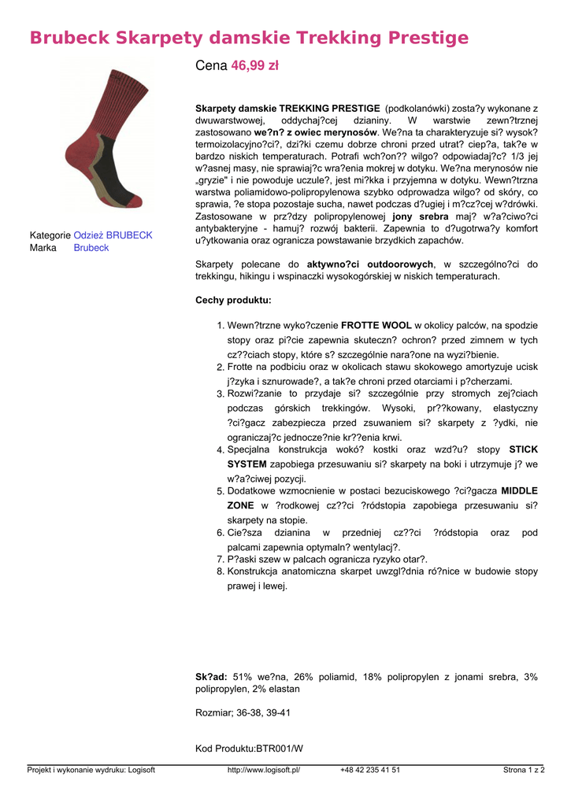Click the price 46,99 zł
click(254, 67)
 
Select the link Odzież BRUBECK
click(113, 235)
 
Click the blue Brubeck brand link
click(91, 248)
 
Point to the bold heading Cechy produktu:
click(233, 301)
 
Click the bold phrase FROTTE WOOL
click(376, 325)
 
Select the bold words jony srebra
click(421, 216)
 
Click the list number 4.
click(221, 450)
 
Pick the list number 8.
click(221, 572)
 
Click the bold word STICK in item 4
click(524, 449)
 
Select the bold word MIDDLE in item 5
click(519, 491)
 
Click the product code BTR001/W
click(279, 749)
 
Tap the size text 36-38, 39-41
click(264, 713)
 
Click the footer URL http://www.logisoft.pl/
click(264, 771)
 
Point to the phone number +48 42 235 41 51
click(370, 771)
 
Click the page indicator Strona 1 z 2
click(524, 771)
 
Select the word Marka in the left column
click(43, 248)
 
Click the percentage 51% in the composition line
click(243, 677)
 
